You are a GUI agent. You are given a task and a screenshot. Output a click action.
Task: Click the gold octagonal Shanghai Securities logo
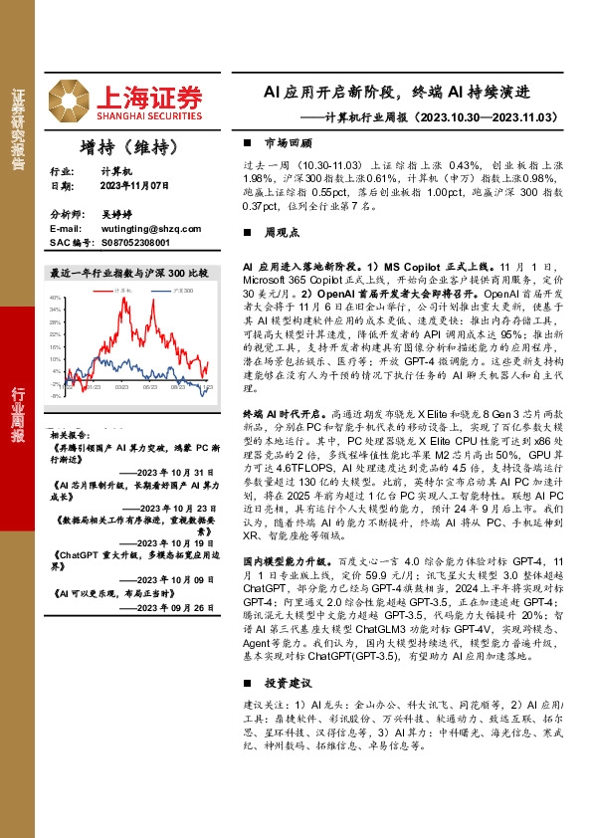[x=71, y=98]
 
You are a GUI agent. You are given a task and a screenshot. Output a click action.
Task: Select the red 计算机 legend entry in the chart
[x=124, y=290]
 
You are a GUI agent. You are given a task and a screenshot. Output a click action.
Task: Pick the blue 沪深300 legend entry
[x=180, y=290]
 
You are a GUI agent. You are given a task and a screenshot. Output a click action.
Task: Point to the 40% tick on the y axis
[x=56, y=298]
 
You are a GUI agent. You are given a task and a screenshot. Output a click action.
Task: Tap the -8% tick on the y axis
[x=57, y=395]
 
